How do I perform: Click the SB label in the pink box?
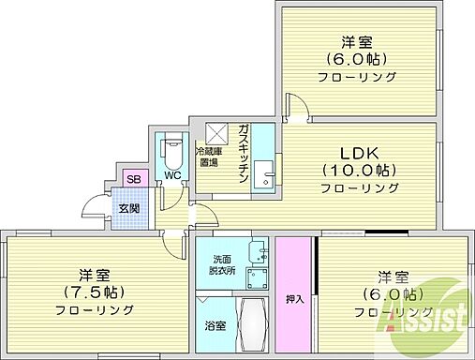(134, 179)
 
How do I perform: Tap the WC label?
(172, 174)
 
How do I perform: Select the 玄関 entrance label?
(128, 207)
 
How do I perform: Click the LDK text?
(359, 151)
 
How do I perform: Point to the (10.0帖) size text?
(360, 170)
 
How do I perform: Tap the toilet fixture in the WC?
(171, 151)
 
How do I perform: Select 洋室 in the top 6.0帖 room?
(359, 41)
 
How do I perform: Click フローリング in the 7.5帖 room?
(94, 309)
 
